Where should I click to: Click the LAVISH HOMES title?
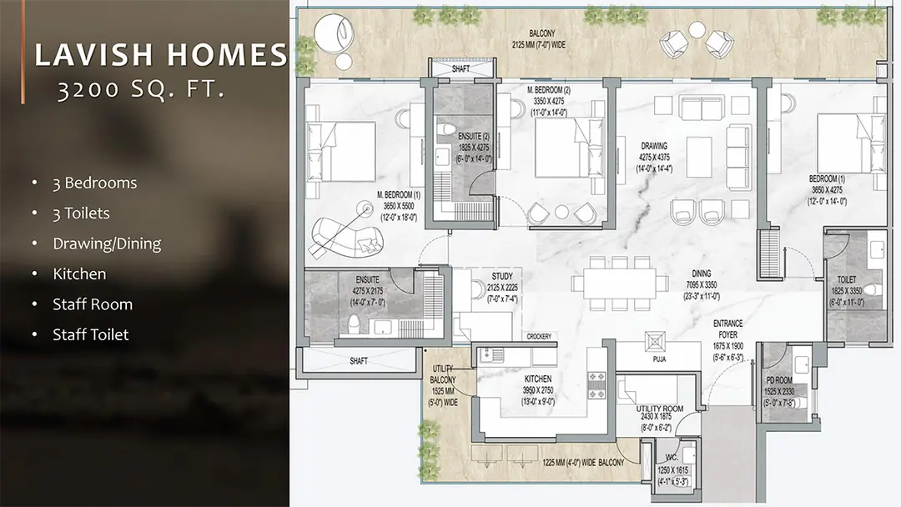click(160, 55)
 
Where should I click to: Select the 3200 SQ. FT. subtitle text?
click(140, 91)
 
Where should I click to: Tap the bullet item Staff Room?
click(93, 304)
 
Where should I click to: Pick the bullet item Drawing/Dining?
click(107, 243)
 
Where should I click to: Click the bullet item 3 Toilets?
click(81, 213)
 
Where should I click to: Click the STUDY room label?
click(502, 276)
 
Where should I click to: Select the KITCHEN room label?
click(538, 379)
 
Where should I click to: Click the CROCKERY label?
click(538, 336)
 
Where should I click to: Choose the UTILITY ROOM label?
click(659, 409)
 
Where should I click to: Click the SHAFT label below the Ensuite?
click(358, 361)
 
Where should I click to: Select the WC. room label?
click(670, 458)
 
